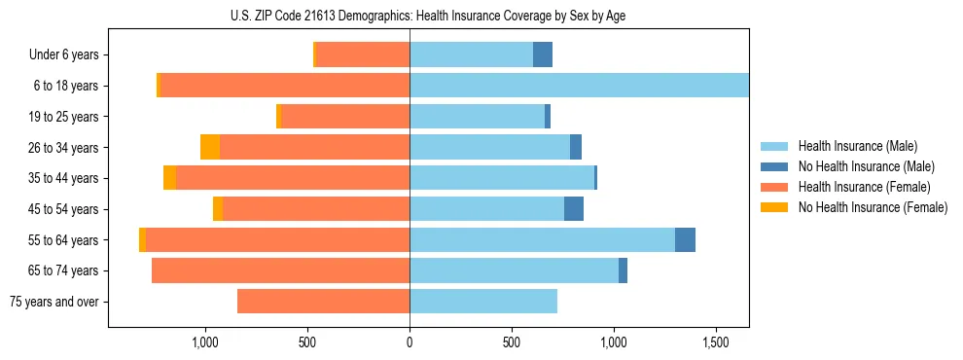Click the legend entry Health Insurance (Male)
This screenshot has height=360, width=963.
857,146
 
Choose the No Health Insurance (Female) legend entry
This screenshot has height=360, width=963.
873,207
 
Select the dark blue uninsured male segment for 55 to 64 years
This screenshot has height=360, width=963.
685,239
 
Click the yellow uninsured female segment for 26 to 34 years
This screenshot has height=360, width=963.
210,147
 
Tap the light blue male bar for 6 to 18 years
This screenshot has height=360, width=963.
579,86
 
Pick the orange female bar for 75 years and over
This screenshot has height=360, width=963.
323,302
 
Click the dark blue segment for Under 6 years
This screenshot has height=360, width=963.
543,54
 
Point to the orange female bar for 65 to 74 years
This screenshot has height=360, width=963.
280,270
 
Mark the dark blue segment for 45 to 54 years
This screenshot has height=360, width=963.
574,209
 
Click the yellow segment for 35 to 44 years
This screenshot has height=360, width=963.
169,178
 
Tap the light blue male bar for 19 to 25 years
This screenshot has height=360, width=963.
477,117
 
